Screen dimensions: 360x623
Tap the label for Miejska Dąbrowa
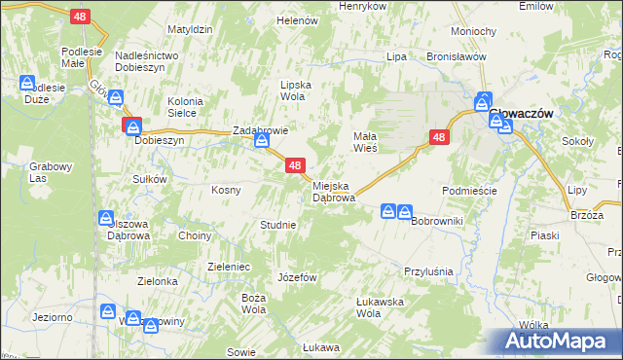pos(334,191)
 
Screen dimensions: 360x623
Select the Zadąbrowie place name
pos(259,130)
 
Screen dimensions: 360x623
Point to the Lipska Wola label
pos(296,90)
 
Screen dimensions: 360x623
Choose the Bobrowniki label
pos(436,222)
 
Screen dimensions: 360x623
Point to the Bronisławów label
pos(456,57)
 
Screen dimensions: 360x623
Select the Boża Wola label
pos(254,303)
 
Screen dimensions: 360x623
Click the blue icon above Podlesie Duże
pos(28,84)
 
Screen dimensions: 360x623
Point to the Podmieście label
pos(469,191)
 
